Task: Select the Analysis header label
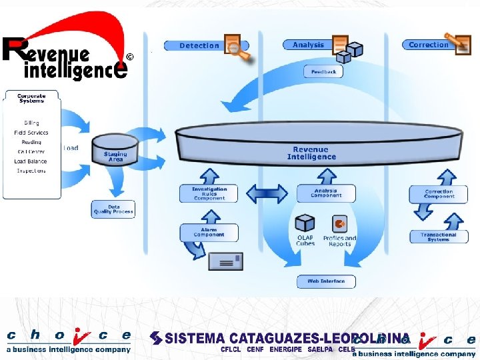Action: (307, 45)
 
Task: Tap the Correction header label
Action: (428, 45)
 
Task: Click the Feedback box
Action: (324, 72)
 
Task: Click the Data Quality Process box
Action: (113, 209)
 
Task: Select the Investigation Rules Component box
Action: (209, 193)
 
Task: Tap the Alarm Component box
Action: (209, 233)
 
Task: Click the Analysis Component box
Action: (326, 193)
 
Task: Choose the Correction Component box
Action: (439, 193)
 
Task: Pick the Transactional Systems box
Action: (439, 236)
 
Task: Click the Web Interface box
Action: (326, 281)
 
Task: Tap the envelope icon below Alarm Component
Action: (225, 260)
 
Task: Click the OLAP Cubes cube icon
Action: (305, 223)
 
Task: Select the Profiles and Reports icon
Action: (340, 224)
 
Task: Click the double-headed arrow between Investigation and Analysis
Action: (267, 193)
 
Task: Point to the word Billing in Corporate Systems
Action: (31, 123)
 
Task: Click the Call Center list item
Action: (31, 151)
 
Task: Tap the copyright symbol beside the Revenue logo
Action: (129, 57)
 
